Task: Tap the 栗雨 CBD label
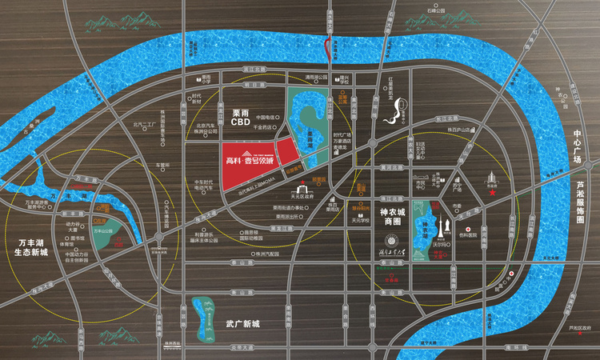click(x=242, y=118)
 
